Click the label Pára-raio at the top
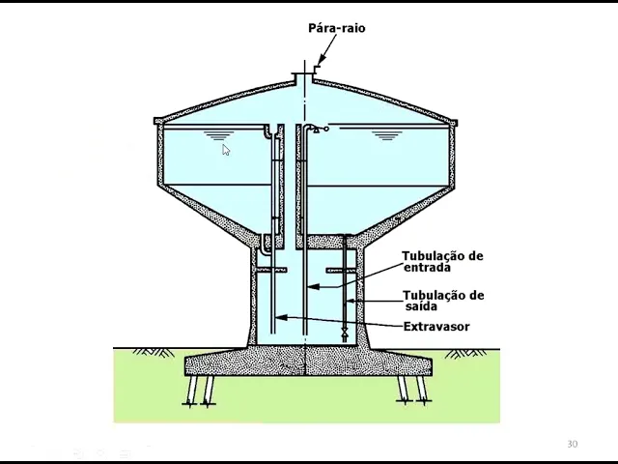pyautogui.click(x=336, y=28)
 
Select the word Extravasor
pyautogui.click(x=435, y=327)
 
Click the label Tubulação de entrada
pyautogui.click(x=442, y=261)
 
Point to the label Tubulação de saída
pyautogui.click(x=442, y=301)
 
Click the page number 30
pyautogui.click(x=572, y=444)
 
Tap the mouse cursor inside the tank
pyautogui.click(x=225, y=149)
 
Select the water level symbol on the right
pyautogui.click(x=386, y=135)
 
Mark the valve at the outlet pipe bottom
pyautogui.click(x=345, y=334)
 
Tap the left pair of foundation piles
pyautogui.click(x=200, y=391)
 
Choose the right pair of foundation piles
pyautogui.click(x=412, y=391)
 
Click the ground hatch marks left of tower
pyautogui.click(x=154, y=353)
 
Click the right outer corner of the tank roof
pyautogui.click(x=454, y=122)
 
